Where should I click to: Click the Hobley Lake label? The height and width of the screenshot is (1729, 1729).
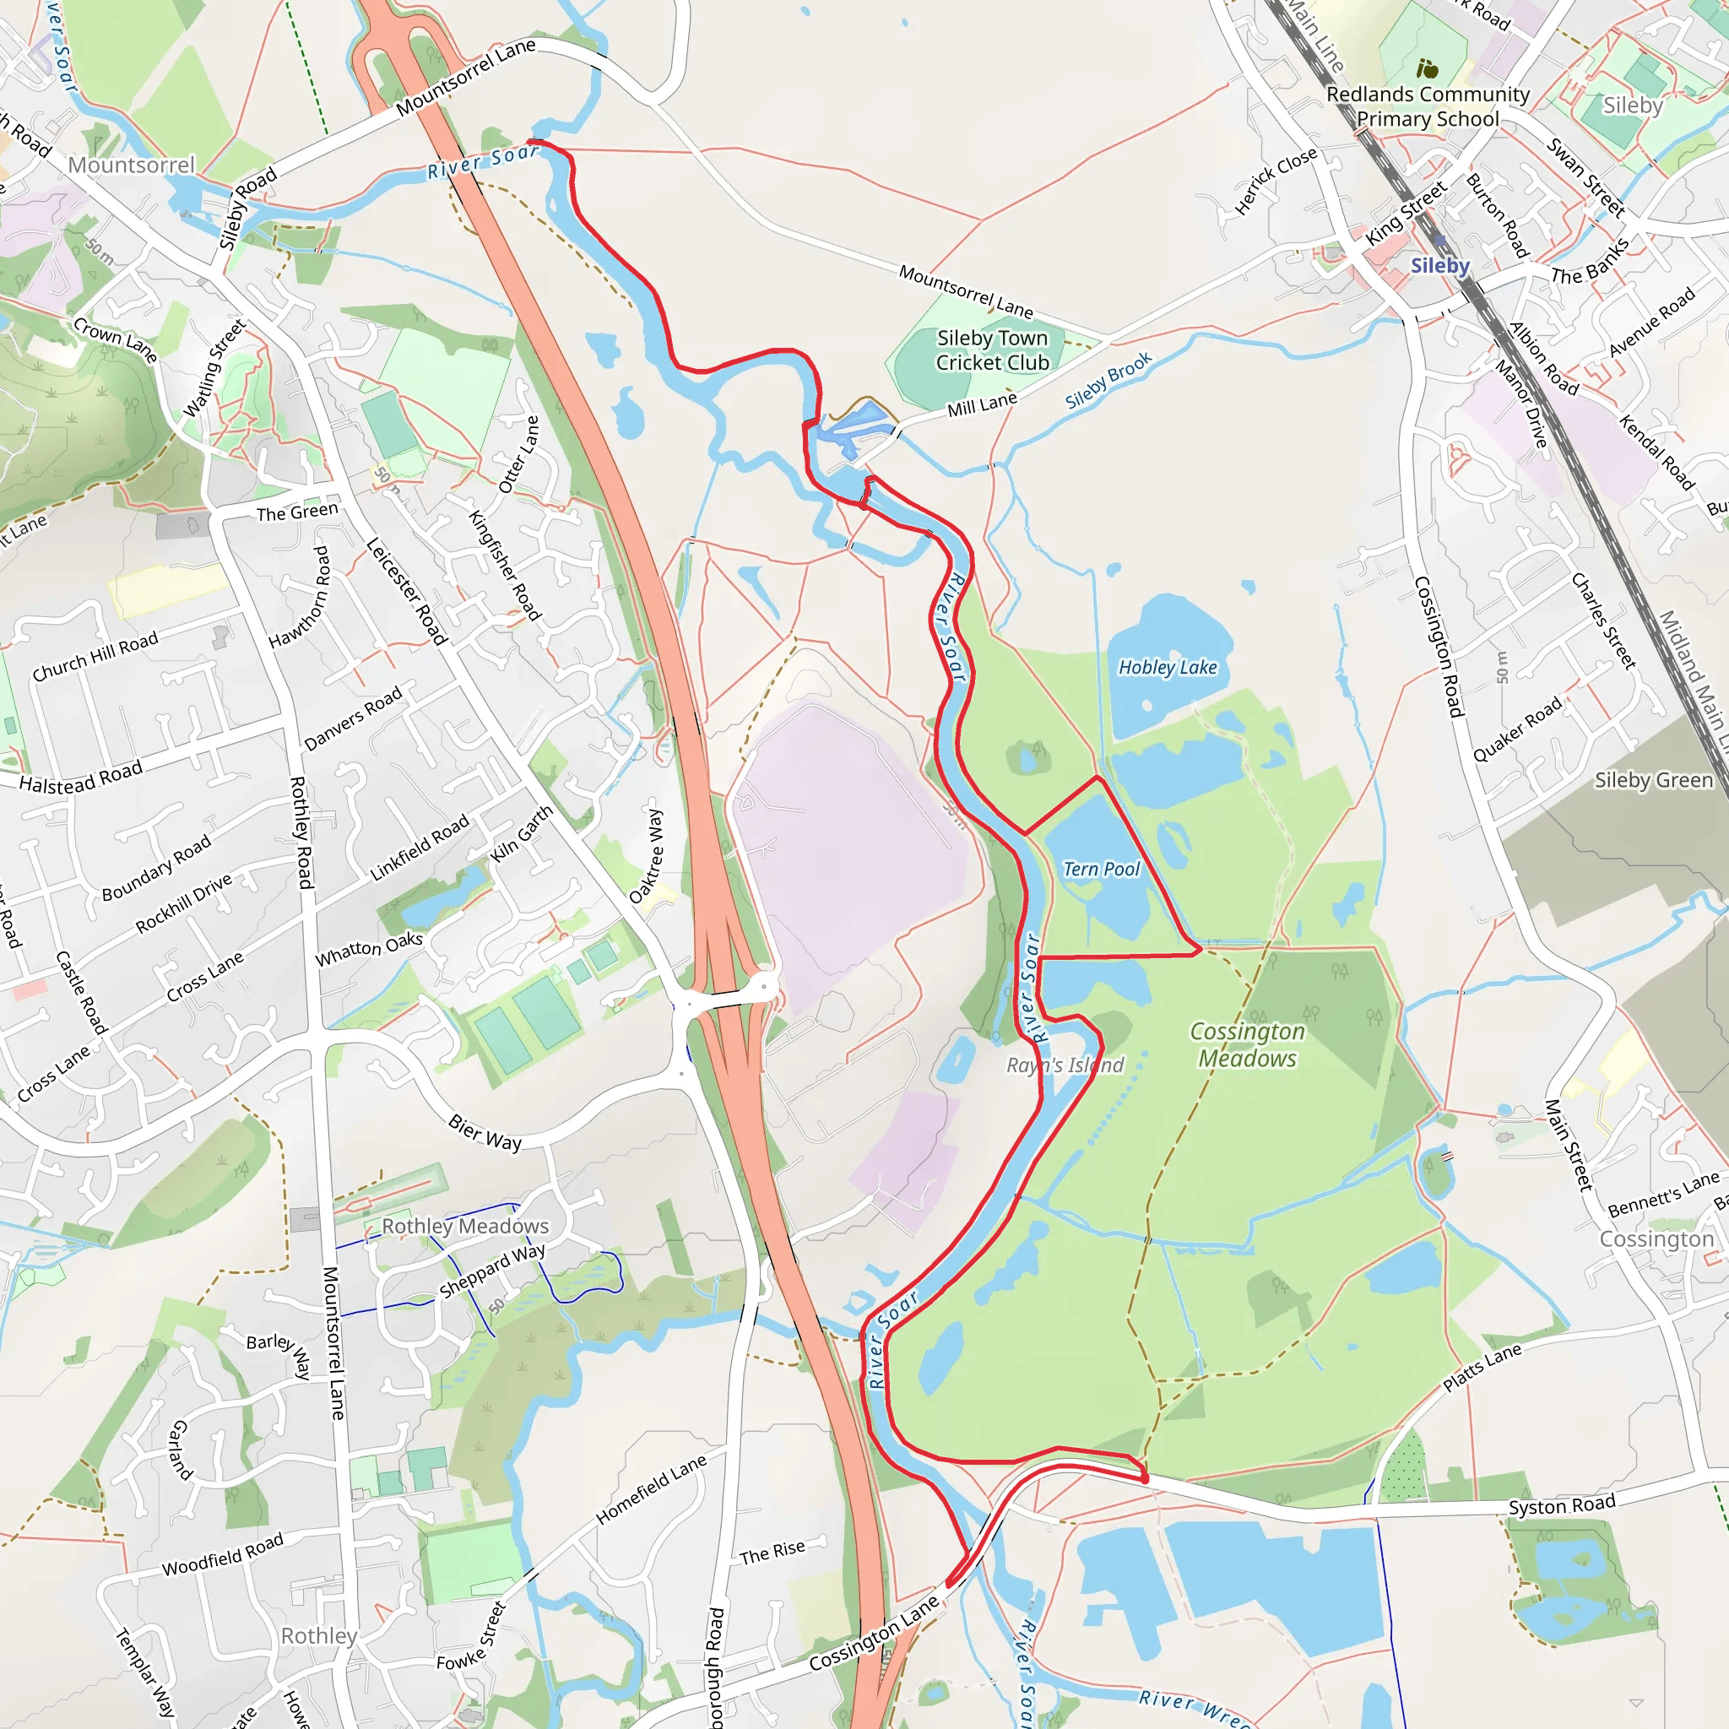point(1168,668)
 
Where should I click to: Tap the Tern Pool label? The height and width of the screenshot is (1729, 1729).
point(1102,869)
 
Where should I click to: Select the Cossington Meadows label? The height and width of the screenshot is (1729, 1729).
point(1248,1045)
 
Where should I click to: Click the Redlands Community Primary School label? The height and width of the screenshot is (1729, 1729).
point(1428,106)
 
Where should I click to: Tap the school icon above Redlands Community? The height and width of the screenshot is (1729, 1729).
point(1428,69)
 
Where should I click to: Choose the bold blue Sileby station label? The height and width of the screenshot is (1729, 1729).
point(1440,266)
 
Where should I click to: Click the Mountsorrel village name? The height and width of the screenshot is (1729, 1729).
point(132,165)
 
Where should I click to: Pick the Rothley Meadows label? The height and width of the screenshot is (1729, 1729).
point(465,1226)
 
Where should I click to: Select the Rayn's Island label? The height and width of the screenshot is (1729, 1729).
point(1065,1065)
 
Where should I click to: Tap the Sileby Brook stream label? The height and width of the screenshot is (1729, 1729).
point(1108,382)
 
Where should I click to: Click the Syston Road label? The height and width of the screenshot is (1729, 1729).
point(1562,1505)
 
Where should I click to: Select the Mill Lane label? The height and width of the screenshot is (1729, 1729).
point(982,405)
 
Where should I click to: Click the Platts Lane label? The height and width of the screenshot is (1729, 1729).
point(1482,1369)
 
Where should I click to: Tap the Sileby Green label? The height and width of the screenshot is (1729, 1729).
point(1654,780)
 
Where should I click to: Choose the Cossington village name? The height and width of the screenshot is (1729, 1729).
point(1656,1239)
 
